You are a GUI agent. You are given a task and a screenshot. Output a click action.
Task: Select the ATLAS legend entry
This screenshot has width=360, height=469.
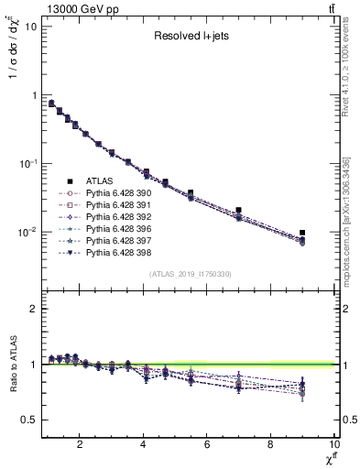coord(101,181)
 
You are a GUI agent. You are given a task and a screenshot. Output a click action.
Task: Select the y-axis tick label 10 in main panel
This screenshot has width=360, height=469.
coord(27,26)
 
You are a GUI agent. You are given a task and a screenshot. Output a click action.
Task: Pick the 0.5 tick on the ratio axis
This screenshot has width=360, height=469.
coord(27,420)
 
